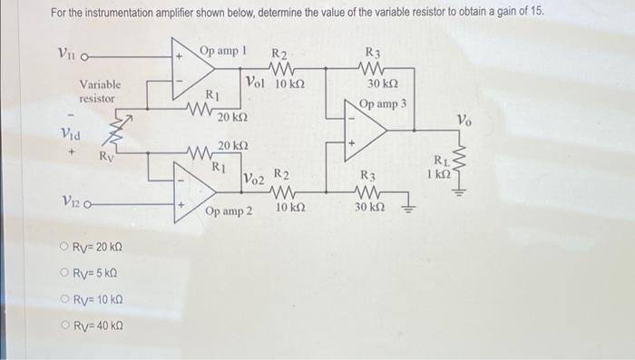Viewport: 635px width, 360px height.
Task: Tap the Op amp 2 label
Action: point(229,211)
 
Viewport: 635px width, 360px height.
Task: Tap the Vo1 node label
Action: point(258,84)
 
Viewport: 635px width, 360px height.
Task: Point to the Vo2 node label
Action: point(254,180)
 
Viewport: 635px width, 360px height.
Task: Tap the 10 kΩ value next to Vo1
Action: point(290,84)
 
